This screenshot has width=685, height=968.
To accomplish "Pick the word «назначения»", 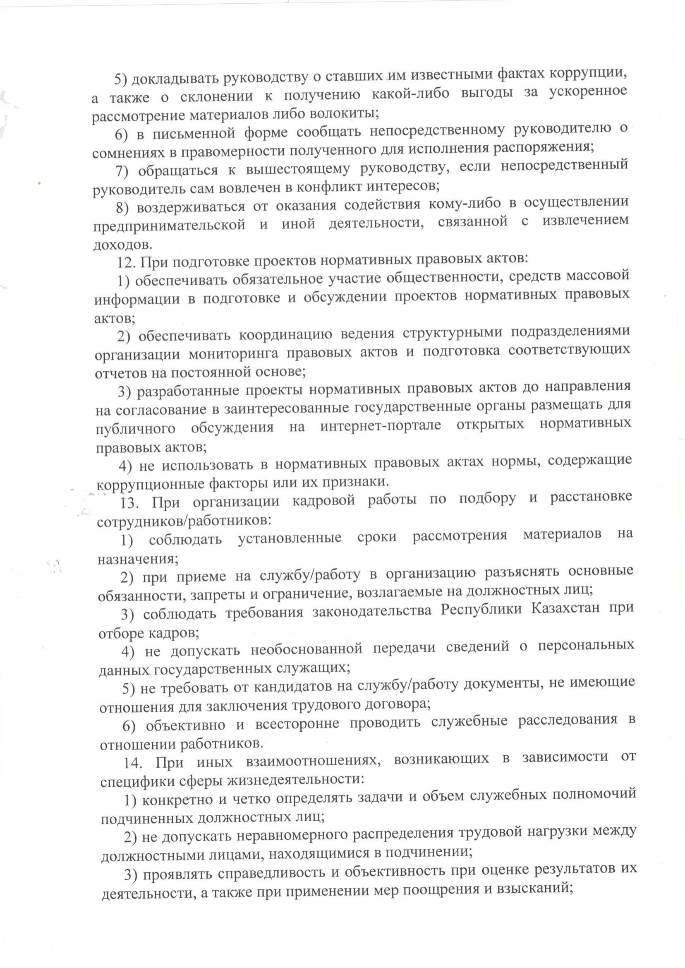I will pos(137,560).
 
